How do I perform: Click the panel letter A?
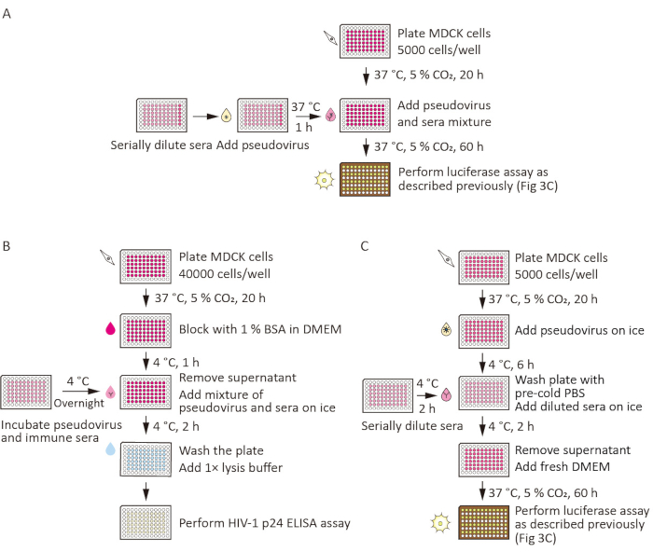tap(7, 14)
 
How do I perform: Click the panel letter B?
tap(7, 246)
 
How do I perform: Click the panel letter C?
tap(365, 246)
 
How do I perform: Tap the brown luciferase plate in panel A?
tap(366, 179)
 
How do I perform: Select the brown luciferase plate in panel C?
tap(484, 523)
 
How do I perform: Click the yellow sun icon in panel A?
tap(324, 179)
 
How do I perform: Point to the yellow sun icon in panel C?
tap(440, 523)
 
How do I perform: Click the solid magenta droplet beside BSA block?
tap(110, 328)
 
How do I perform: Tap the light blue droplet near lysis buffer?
tap(110, 449)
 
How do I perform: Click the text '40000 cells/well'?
tap(225, 273)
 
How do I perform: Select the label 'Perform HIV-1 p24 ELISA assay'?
tap(264, 523)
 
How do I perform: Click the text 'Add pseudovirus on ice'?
tap(579, 330)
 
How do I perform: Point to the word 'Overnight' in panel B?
tap(78, 403)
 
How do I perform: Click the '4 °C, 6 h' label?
tap(511, 365)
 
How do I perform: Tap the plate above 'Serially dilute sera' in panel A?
tap(161, 116)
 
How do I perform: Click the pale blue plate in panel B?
tap(146, 460)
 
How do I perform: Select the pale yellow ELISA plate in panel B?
tap(146, 523)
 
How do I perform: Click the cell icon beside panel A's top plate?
tap(331, 38)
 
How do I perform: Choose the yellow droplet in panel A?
tap(226, 116)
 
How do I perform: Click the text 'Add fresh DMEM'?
tap(563, 466)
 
